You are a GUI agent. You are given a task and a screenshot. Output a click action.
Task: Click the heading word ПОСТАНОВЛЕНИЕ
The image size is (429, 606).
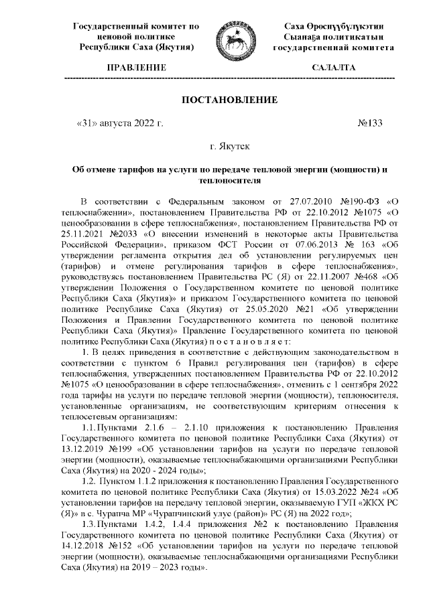[231, 100]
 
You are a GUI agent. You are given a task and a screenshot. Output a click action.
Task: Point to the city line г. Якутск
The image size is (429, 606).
[231, 145]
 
